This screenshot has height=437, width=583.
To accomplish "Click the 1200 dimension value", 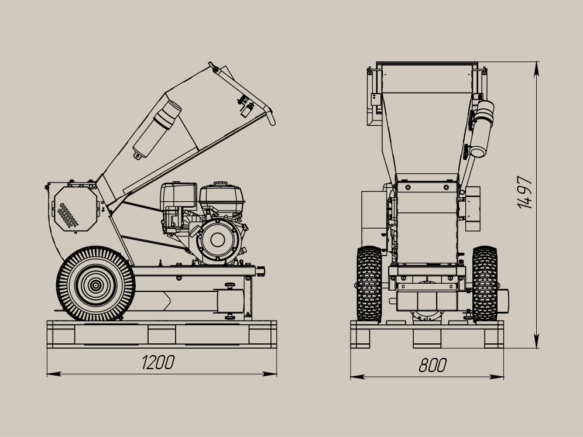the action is click(x=158, y=363).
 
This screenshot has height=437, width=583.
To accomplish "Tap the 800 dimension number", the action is click(x=433, y=365).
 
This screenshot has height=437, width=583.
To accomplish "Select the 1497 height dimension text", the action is click(x=524, y=192).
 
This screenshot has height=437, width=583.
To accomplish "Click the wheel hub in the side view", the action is click(x=96, y=285).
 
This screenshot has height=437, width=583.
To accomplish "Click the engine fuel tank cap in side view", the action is click(x=221, y=184).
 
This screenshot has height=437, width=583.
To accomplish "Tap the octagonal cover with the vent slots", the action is click(x=76, y=209).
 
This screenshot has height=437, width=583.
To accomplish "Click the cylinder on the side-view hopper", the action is click(x=157, y=129).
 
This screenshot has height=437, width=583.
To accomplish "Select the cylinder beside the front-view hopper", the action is click(x=482, y=128).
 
